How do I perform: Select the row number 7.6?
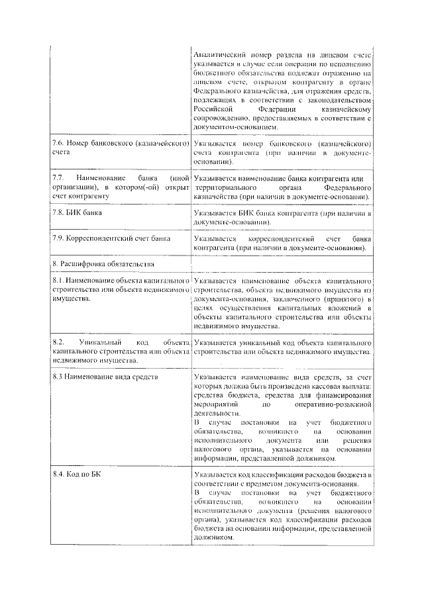click(58, 144)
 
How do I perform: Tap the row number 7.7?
click(58, 179)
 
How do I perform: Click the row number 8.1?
click(58, 281)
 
